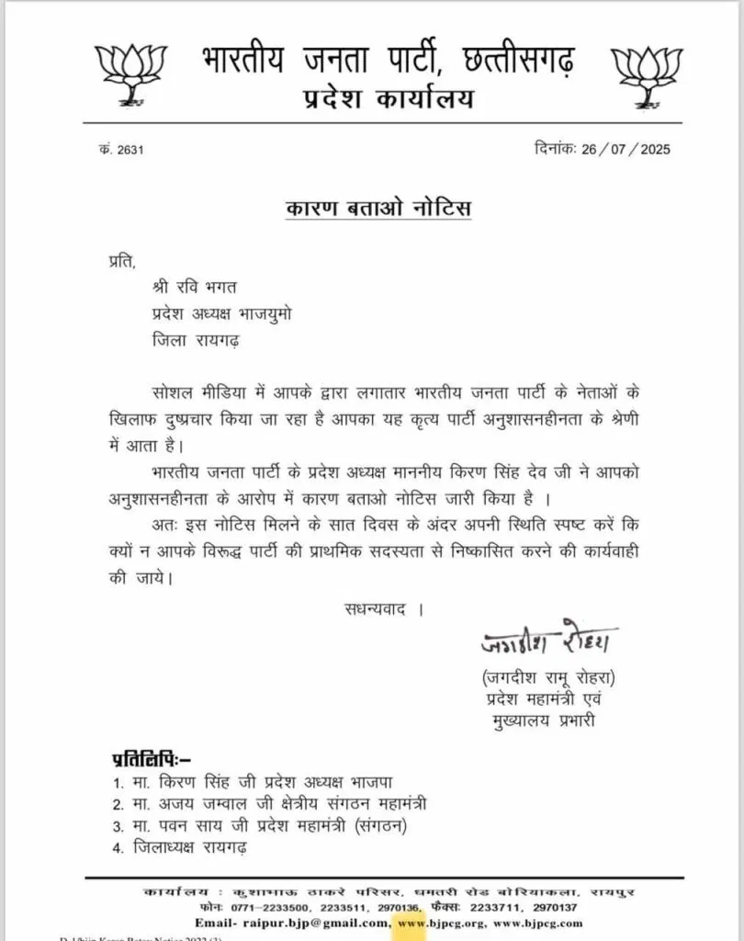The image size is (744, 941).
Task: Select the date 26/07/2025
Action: pyautogui.click(x=627, y=149)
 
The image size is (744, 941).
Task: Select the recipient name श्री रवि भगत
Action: pyautogui.click(x=196, y=289)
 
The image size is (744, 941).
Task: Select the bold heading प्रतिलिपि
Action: pyautogui.click(x=150, y=759)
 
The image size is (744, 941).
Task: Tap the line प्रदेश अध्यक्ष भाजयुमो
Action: pyautogui.click(x=223, y=314)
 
